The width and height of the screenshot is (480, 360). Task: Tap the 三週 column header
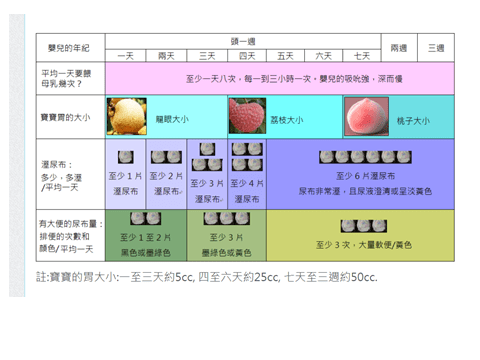[x=437, y=47]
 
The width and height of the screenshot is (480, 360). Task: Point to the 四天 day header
[x=246, y=55]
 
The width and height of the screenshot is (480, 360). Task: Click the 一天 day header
[x=126, y=55]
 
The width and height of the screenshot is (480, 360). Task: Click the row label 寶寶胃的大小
[x=65, y=119]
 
